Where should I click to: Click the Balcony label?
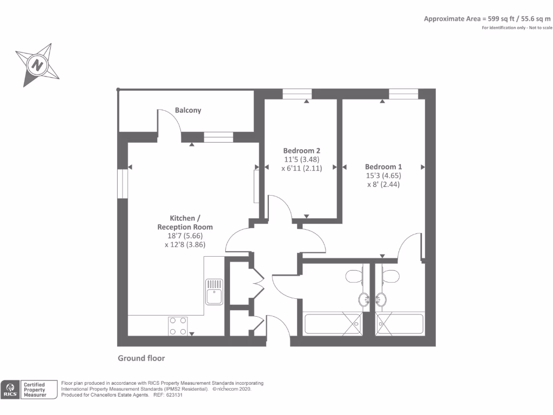(x=188, y=110)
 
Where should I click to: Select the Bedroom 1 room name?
(x=383, y=167)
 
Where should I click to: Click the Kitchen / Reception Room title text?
(x=185, y=223)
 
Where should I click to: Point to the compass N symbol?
(x=37, y=66)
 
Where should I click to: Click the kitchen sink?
(x=214, y=292)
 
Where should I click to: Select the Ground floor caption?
(x=141, y=358)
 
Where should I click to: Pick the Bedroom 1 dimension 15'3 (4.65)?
(x=383, y=176)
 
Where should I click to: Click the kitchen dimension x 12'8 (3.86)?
(x=185, y=244)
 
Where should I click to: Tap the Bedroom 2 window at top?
(x=296, y=94)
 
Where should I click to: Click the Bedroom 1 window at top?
(x=404, y=94)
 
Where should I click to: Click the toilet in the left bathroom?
(x=354, y=276)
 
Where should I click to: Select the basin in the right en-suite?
(x=382, y=299)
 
